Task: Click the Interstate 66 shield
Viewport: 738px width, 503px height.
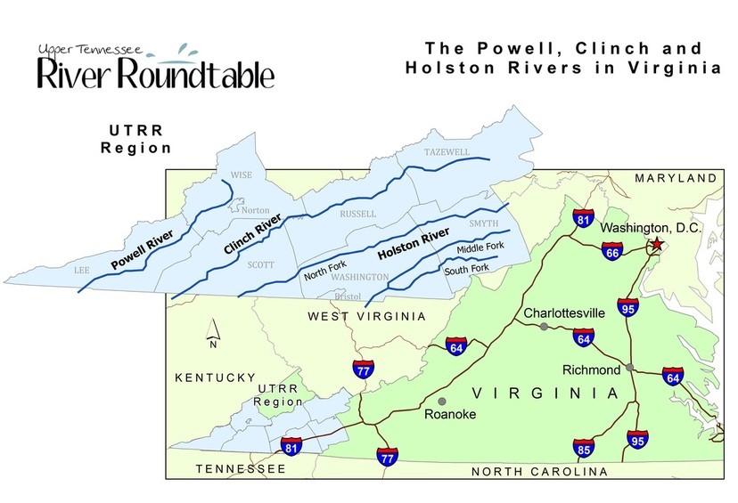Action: click(612, 253)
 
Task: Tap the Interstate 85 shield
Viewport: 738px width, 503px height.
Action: click(584, 448)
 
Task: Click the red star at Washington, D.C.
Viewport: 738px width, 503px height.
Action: click(657, 244)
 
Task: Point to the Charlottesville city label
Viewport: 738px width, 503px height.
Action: click(564, 313)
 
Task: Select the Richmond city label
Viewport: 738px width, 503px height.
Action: click(591, 369)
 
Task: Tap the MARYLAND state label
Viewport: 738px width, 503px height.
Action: click(676, 179)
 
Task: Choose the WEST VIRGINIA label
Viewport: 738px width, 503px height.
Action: click(367, 317)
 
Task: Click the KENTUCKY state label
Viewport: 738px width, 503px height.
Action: click(216, 378)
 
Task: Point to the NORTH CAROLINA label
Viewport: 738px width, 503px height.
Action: click(539, 472)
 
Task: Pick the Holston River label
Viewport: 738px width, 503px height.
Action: click(412, 244)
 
